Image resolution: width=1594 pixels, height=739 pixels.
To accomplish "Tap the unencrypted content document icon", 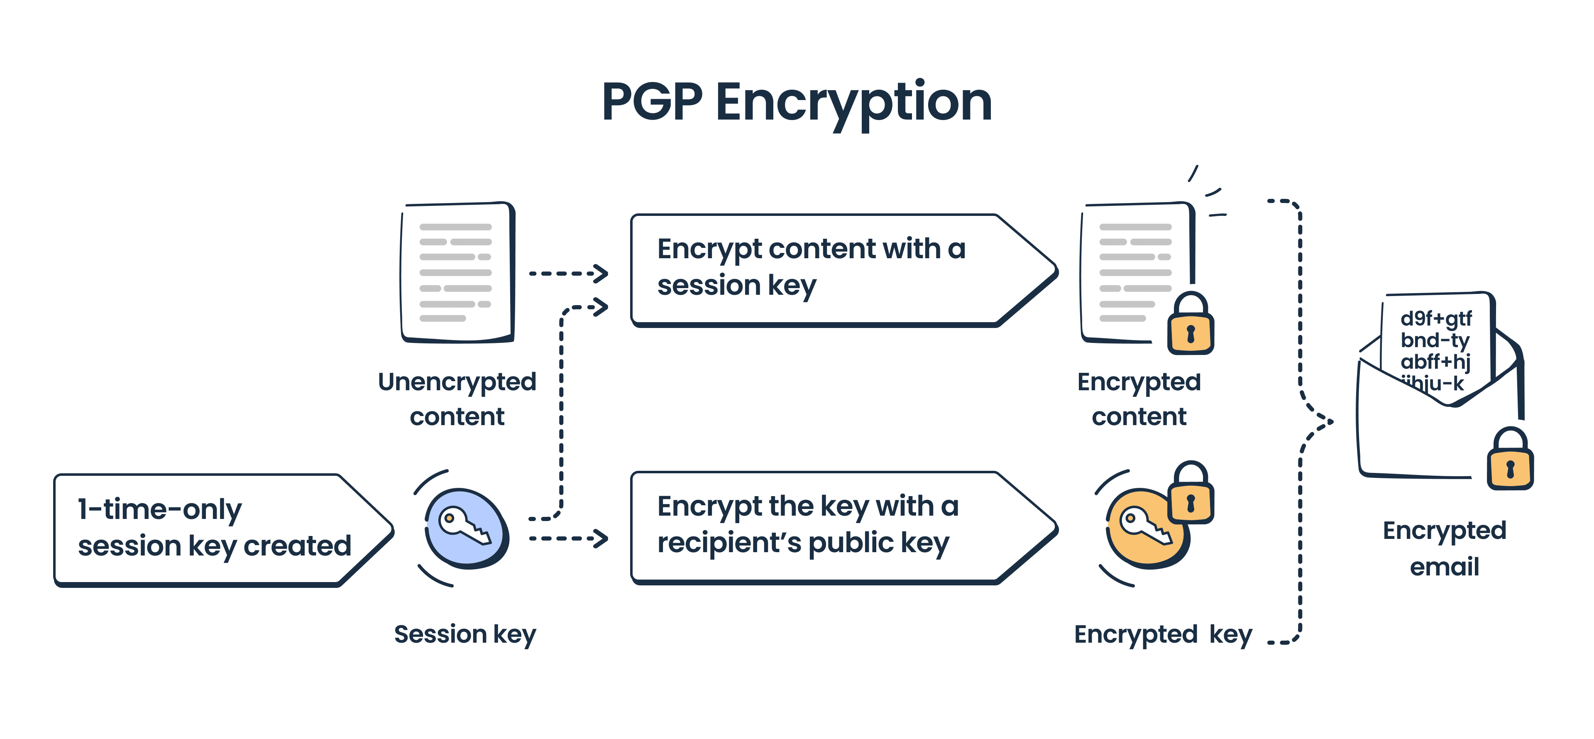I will [457, 272].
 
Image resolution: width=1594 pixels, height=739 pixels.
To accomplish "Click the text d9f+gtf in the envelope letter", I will [1435, 319].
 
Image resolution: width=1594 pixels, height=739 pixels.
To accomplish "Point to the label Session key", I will [465, 634].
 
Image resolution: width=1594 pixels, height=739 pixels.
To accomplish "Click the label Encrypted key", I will [1162, 634].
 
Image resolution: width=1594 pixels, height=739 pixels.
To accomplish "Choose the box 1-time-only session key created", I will [213, 529].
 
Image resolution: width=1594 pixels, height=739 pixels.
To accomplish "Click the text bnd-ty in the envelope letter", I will [1434, 340].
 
